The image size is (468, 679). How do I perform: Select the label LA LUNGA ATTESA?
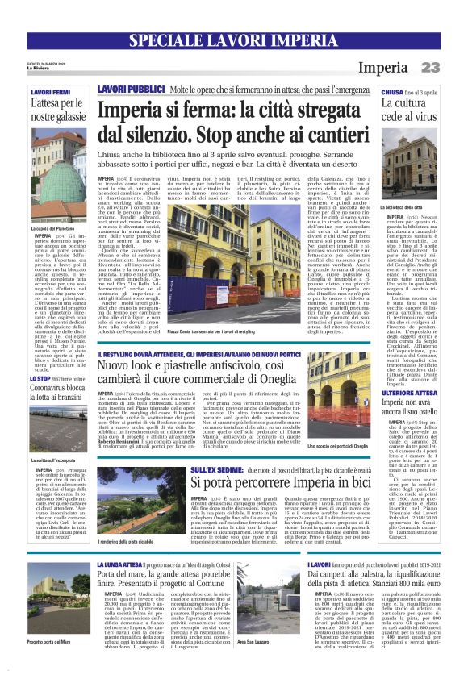click(119, 565)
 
